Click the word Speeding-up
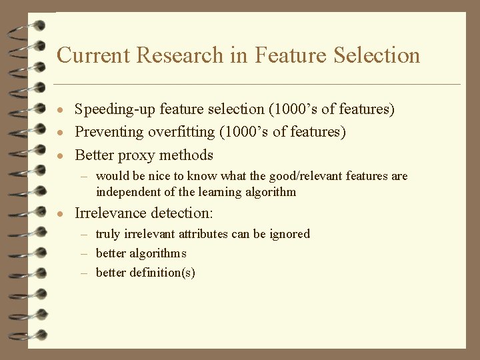115,109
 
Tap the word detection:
186,213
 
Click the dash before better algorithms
85,253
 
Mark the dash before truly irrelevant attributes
85,234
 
